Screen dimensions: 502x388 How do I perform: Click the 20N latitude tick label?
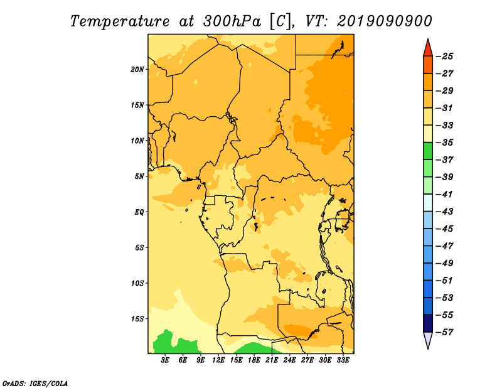[137, 70]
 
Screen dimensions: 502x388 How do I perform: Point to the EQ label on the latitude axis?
[139, 212]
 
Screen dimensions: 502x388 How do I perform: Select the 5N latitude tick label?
[139, 176]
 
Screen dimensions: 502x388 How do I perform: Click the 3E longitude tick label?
[165, 360]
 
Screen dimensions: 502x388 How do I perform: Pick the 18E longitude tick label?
[254, 360]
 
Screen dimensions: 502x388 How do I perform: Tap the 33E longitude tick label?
[343, 360]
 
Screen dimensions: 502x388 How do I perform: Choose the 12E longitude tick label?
[218, 360]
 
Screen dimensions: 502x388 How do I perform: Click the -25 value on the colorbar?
[445, 57]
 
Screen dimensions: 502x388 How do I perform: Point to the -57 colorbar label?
[445, 332]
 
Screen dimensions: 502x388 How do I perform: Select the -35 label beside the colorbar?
[445, 143]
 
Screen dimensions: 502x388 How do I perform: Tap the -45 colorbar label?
[445, 229]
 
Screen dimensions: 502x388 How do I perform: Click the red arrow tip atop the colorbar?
[428, 40]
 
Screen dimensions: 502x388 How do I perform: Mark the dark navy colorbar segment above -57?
[428, 323]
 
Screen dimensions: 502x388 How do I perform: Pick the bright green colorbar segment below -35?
[428, 151]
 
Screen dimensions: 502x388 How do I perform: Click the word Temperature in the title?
[120, 22]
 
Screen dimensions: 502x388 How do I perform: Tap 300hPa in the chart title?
[232, 21]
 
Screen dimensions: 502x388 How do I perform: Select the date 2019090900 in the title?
[385, 21]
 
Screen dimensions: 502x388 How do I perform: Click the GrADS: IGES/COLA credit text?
[35, 384]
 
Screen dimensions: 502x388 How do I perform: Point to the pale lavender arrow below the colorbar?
[428, 339]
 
